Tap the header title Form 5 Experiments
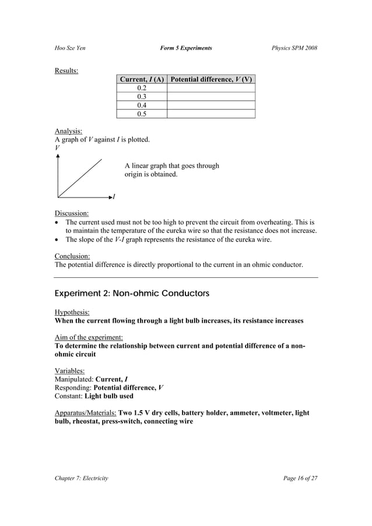point(185,47)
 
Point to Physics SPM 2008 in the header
point(294,47)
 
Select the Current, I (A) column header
point(141,79)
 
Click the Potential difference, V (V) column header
point(210,79)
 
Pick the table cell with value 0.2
point(141,88)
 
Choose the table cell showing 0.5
point(141,114)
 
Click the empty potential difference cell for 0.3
point(210,97)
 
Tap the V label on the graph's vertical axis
point(57,149)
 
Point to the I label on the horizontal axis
point(113,197)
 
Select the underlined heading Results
point(66,71)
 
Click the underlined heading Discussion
point(72,213)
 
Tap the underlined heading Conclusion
point(72,256)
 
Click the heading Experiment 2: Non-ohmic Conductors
point(132,294)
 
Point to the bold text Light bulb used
point(108,396)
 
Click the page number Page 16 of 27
point(297,478)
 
